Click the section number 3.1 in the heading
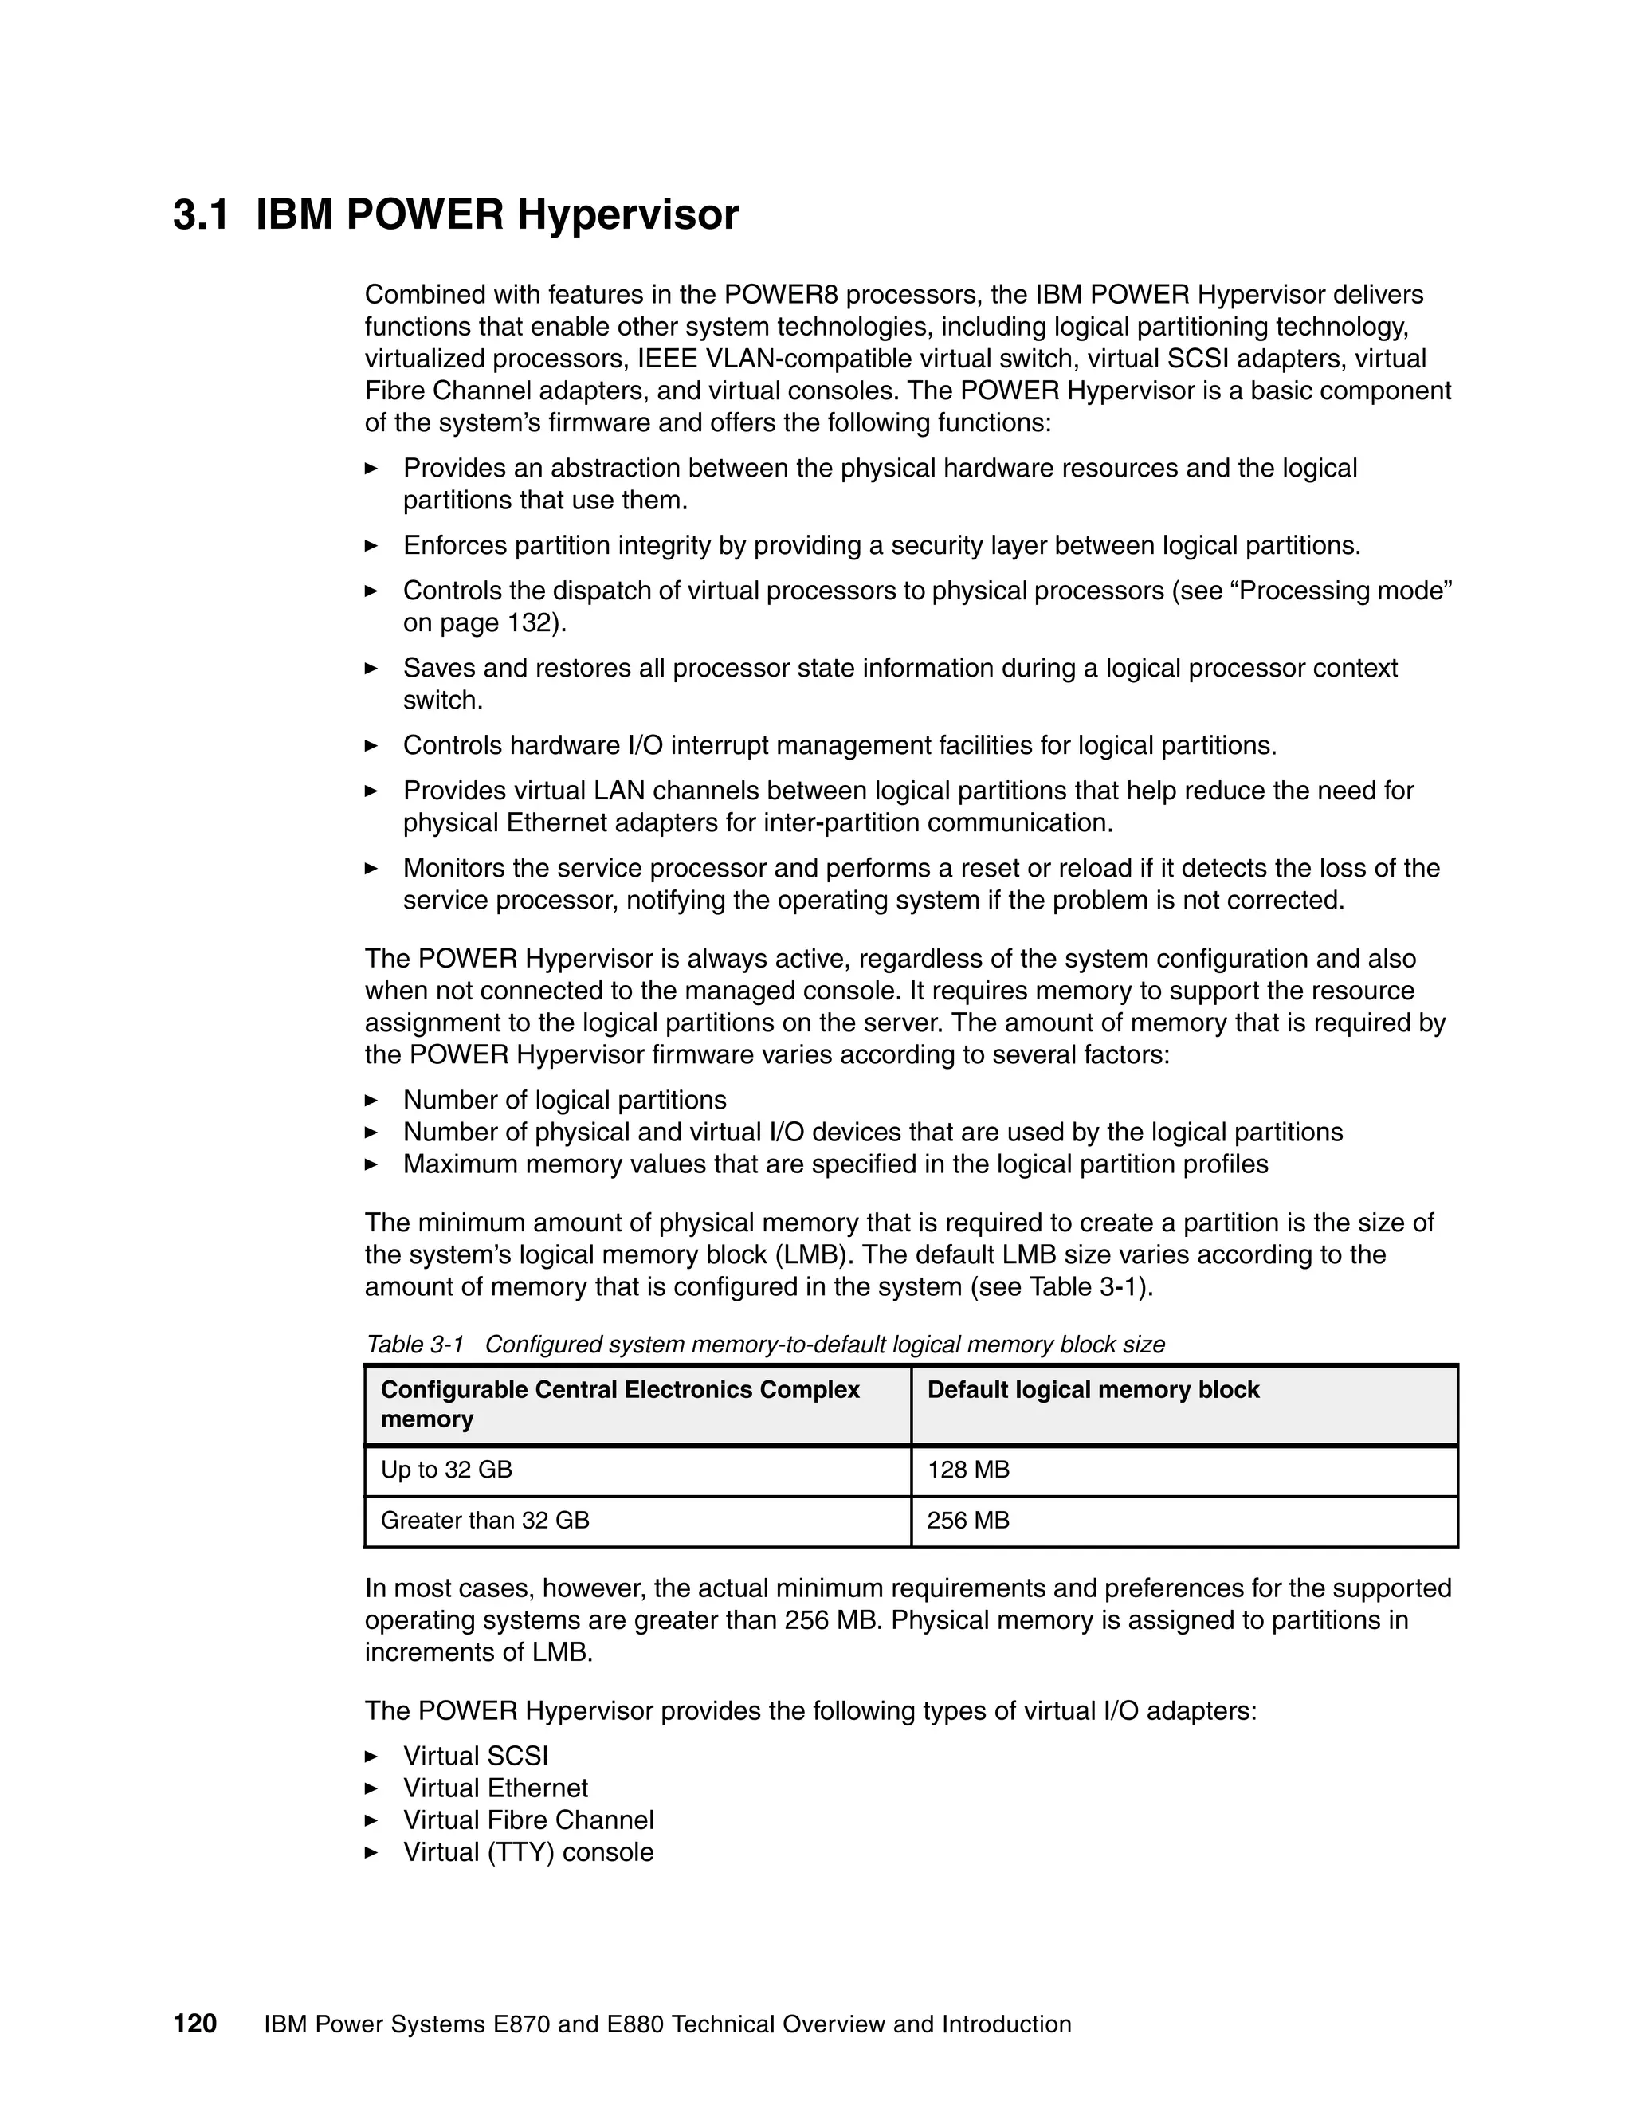(200, 214)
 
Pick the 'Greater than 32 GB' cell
(484, 1520)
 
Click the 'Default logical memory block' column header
(1093, 1390)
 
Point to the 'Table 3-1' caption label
(414, 1345)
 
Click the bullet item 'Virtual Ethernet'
(495, 1788)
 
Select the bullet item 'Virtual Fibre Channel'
(528, 1820)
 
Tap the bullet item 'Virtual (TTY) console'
(528, 1852)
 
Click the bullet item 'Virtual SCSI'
(476, 1756)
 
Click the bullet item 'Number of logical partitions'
(565, 1100)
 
